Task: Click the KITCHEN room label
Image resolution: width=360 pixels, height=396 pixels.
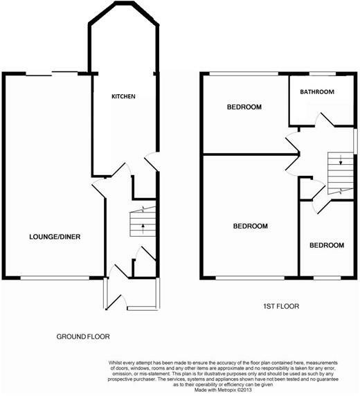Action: pos(123,96)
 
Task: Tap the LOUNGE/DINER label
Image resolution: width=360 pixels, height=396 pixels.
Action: pos(55,237)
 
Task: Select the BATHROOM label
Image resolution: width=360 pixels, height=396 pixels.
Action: pos(317,92)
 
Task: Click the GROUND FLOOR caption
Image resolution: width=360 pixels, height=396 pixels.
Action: pos(83,336)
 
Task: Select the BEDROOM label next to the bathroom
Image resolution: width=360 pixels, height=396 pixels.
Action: pos(244,107)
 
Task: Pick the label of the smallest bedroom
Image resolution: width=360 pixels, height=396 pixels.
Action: pos(326,246)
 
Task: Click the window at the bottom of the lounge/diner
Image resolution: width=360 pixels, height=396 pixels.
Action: pos(55,278)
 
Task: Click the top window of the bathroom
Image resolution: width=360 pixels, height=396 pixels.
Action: pos(318,73)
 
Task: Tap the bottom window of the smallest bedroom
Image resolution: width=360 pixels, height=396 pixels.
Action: pos(326,278)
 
